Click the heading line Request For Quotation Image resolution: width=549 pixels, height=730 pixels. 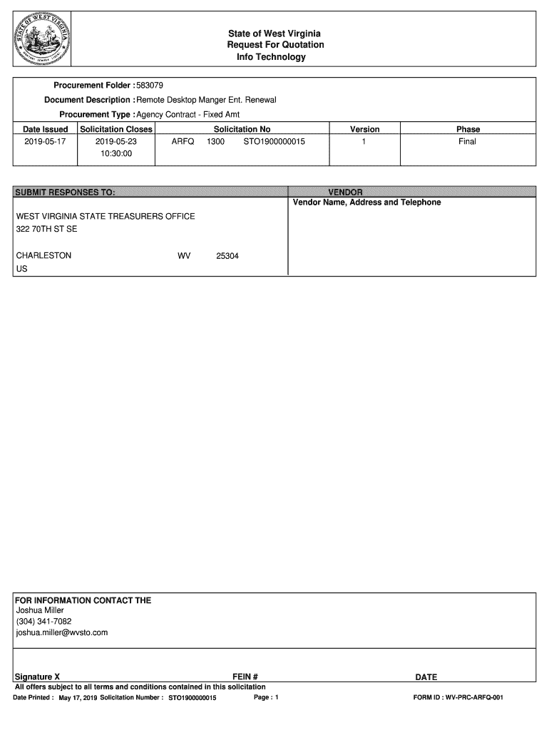275,45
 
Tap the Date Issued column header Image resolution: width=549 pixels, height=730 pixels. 46,129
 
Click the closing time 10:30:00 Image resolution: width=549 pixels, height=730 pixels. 116,153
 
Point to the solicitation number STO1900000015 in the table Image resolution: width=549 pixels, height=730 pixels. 274,142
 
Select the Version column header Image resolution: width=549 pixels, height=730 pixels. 364,129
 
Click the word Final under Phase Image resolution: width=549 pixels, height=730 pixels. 468,142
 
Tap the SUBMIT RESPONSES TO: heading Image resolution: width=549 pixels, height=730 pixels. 66,192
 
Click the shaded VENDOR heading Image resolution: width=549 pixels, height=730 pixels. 345,192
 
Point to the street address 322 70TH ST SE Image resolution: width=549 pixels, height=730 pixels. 46,230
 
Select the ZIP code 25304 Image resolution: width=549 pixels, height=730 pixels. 227,255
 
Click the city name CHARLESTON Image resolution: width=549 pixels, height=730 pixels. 43,255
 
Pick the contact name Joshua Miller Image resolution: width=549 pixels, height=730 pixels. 40,610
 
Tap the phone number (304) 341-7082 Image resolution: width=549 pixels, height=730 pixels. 43,622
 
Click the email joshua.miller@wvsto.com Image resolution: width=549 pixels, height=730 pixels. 62,632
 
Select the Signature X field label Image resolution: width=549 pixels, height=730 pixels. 38,677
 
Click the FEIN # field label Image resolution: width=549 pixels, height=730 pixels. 245,677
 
